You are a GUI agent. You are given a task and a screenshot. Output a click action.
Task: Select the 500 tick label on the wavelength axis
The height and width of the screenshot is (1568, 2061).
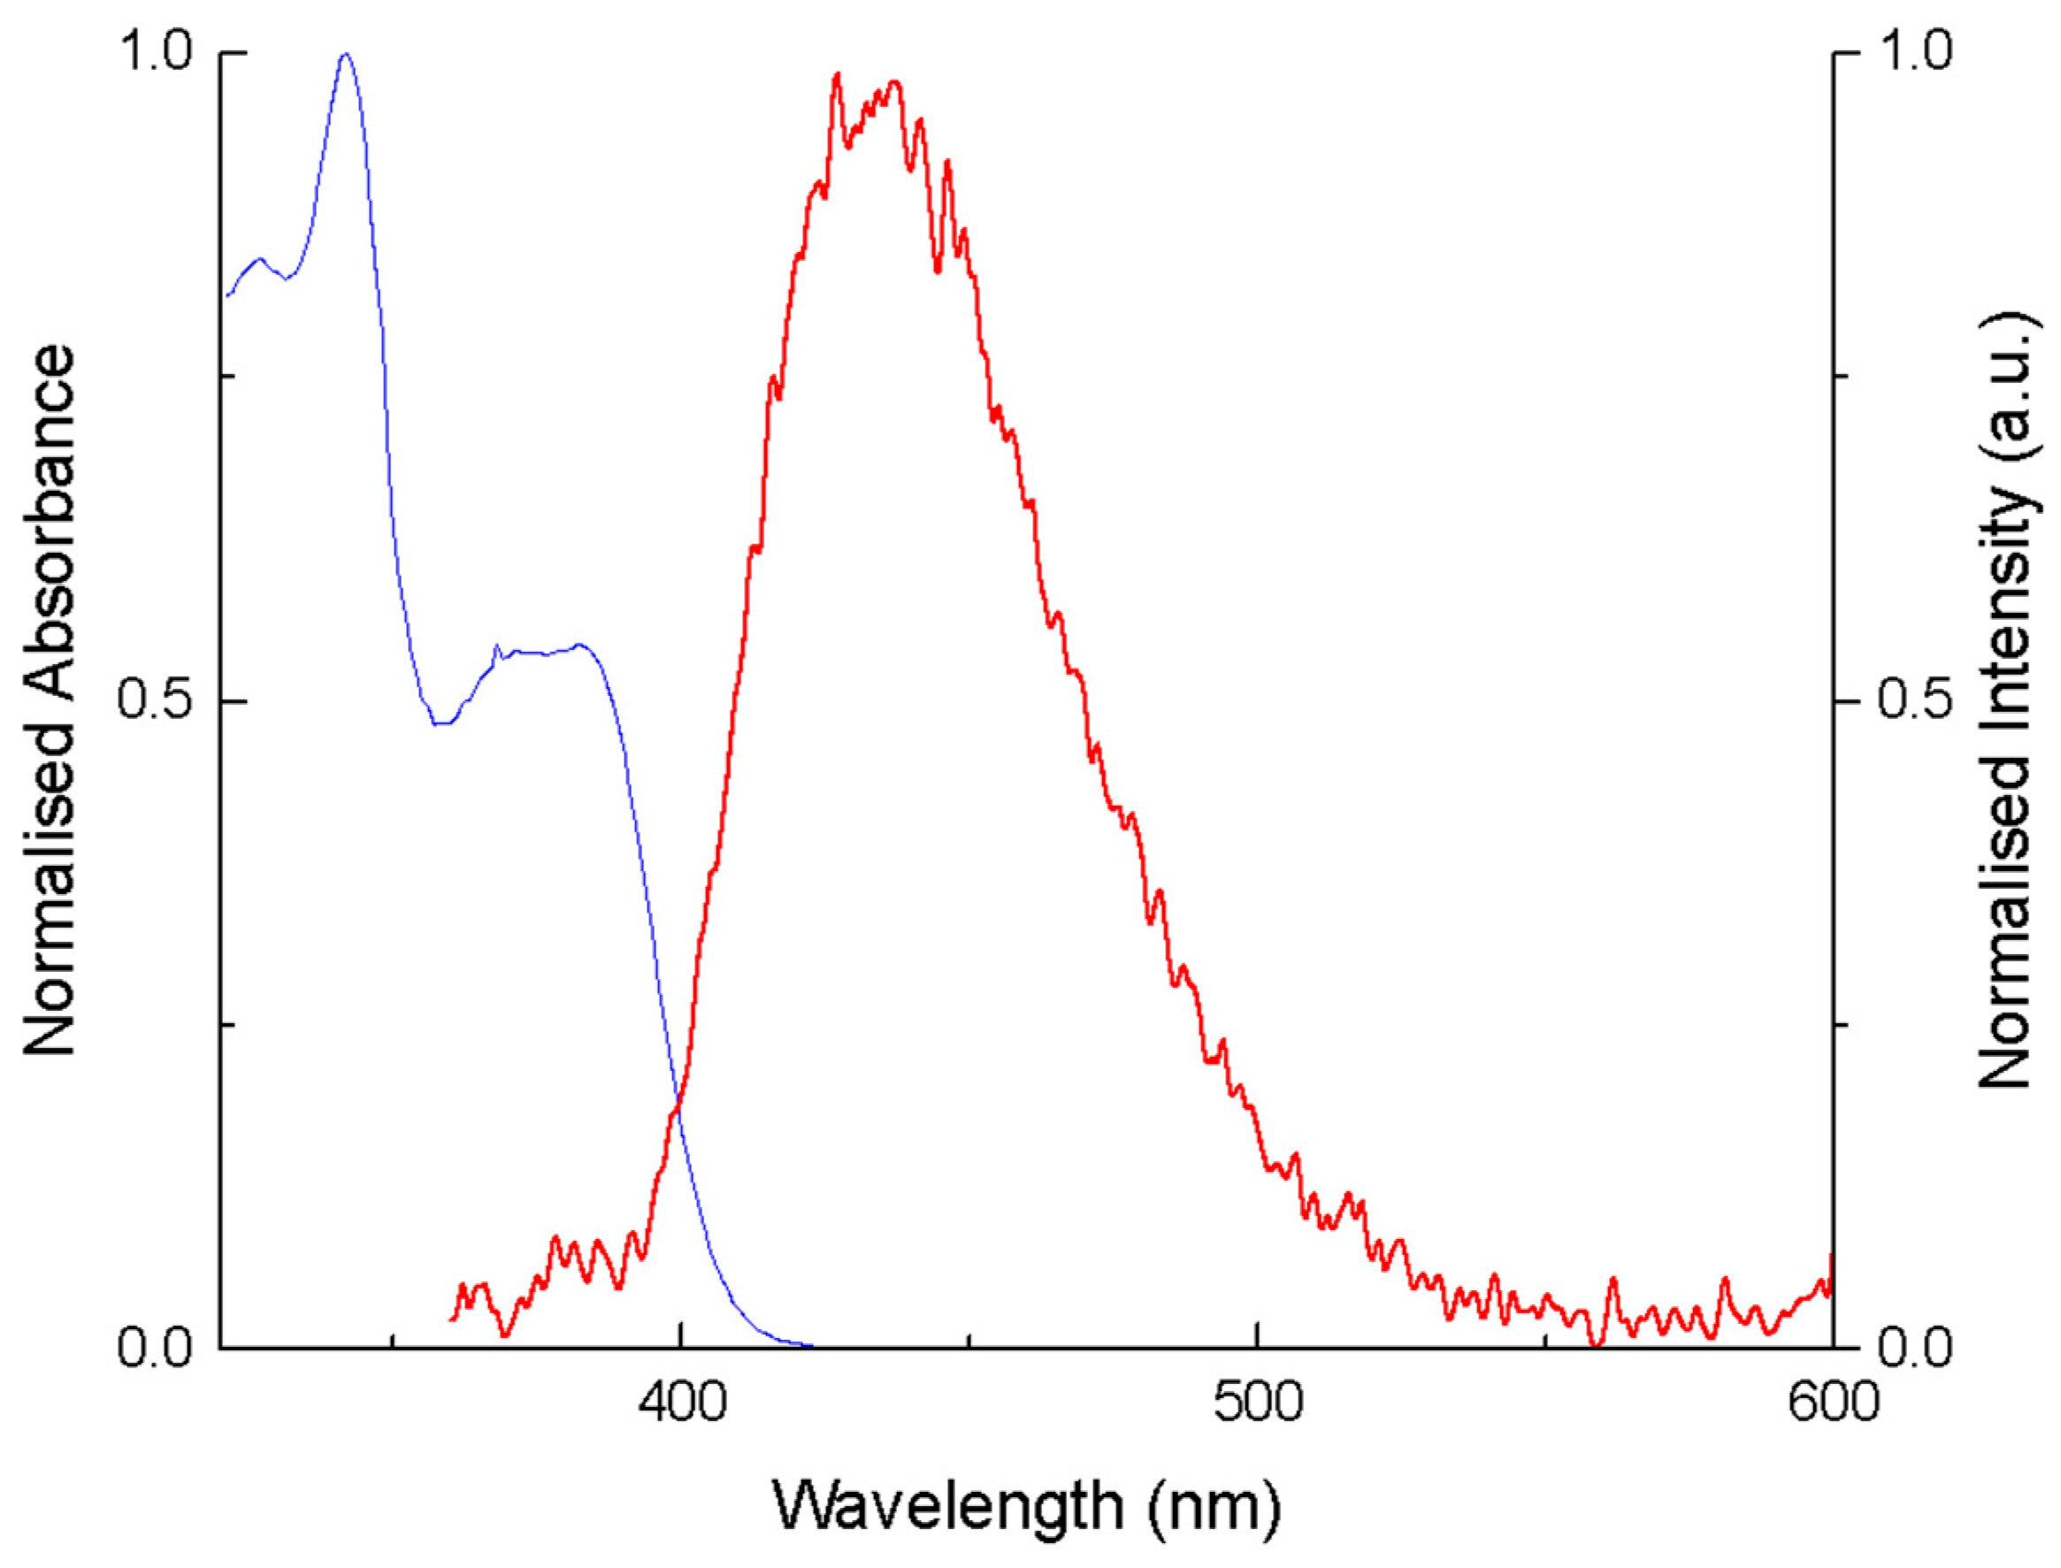click(x=1257, y=1403)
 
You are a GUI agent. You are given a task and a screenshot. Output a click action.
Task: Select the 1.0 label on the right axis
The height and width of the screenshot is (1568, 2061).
click(x=1913, y=54)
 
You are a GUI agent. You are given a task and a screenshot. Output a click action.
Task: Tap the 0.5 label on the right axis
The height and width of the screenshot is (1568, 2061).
click(x=1913, y=702)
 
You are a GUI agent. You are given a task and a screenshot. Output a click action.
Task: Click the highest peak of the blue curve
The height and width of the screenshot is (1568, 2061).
click(x=346, y=55)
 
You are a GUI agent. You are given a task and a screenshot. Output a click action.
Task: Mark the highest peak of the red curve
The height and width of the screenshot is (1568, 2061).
click(x=837, y=73)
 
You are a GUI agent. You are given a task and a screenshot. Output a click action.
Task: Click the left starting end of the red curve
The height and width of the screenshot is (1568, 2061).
click(x=451, y=1319)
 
